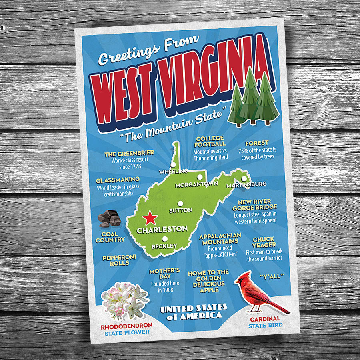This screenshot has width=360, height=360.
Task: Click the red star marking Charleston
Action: (x=150, y=218)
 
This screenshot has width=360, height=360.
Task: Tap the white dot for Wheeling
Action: (x=173, y=164)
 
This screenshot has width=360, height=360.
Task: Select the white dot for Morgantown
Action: (x=198, y=177)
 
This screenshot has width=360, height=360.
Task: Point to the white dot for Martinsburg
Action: (x=244, y=178)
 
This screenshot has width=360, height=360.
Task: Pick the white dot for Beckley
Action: (x=164, y=239)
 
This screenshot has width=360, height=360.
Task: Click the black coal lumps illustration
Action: (x=109, y=218)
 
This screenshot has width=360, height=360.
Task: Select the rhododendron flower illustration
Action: (x=124, y=299)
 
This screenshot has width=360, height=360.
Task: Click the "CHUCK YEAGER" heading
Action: (x=264, y=242)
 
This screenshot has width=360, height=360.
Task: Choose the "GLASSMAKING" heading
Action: (x=118, y=180)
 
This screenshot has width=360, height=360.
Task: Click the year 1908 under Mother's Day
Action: (x=165, y=290)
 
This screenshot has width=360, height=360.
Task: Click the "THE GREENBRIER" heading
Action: (x=129, y=153)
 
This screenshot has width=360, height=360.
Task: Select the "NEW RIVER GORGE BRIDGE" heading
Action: (x=255, y=204)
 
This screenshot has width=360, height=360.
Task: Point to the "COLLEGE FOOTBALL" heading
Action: (x=210, y=141)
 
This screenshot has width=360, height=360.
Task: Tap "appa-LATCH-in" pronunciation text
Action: (x=220, y=255)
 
